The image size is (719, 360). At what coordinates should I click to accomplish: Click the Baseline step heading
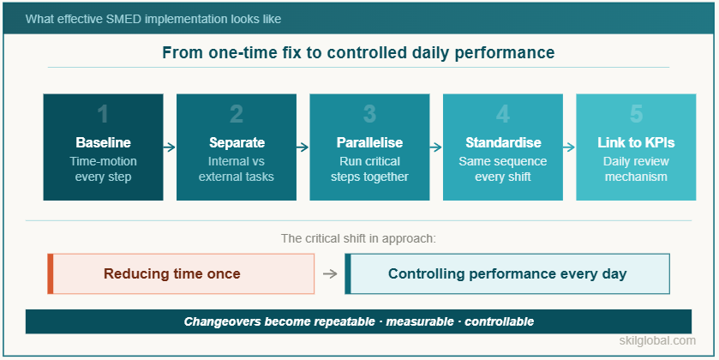point(103,142)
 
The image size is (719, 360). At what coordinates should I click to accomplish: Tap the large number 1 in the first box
point(103,115)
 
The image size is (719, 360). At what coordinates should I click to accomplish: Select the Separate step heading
point(237,142)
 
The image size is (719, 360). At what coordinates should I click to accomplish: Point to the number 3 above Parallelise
point(369,115)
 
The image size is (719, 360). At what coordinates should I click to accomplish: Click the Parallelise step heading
point(369,142)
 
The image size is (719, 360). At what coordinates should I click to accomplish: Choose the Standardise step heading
point(503,142)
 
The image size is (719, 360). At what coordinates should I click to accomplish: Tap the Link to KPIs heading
point(635,142)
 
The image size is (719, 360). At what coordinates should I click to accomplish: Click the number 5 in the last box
point(635,115)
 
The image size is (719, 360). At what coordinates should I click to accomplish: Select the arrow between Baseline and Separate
point(170,147)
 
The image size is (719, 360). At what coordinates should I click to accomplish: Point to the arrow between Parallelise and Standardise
point(436,147)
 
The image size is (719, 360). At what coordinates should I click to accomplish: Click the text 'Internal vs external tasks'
point(237,169)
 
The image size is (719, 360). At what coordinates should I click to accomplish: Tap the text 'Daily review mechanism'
point(635,169)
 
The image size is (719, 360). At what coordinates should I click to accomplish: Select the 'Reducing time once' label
point(171,274)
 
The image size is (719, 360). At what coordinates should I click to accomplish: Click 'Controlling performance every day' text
point(507,274)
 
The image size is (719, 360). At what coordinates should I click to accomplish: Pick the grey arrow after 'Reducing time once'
point(330,274)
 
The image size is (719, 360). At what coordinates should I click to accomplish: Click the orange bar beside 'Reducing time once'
point(51,274)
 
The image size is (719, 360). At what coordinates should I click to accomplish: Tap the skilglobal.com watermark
point(657,341)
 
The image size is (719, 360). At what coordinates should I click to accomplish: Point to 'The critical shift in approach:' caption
point(358,238)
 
